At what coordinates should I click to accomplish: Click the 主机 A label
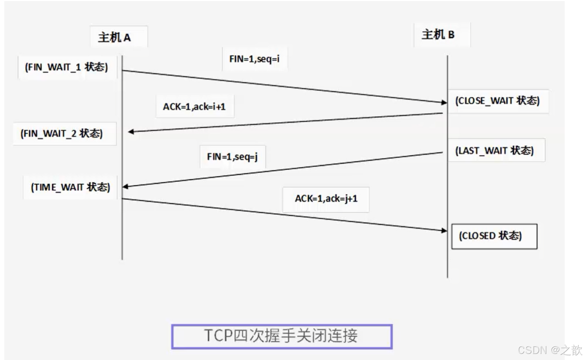[115, 37]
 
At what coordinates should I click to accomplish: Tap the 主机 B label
[438, 35]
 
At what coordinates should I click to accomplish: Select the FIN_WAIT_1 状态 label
[67, 67]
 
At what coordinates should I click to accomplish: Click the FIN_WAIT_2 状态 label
[62, 133]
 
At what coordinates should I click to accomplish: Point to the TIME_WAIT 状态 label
[71, 187]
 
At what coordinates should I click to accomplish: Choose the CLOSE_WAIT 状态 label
[497, 101]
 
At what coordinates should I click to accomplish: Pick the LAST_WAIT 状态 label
[494, 151]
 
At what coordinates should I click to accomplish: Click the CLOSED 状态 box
[494, 236]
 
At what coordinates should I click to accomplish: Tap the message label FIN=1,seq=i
[254, 59]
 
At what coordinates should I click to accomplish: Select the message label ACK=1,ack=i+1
[194, 106]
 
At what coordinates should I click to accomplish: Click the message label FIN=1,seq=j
[232, 157]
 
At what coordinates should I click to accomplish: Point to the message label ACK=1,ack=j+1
[326, 198]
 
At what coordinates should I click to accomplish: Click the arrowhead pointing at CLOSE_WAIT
[444, 103]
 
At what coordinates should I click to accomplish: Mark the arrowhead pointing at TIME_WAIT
[125, 186]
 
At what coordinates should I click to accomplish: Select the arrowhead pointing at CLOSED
[444, 231]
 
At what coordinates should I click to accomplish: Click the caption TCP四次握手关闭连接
[282, 336]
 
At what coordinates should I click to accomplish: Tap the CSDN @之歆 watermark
[550, 350]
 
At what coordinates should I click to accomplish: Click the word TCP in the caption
[218, 336]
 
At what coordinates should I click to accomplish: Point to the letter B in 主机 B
[451, 35]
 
